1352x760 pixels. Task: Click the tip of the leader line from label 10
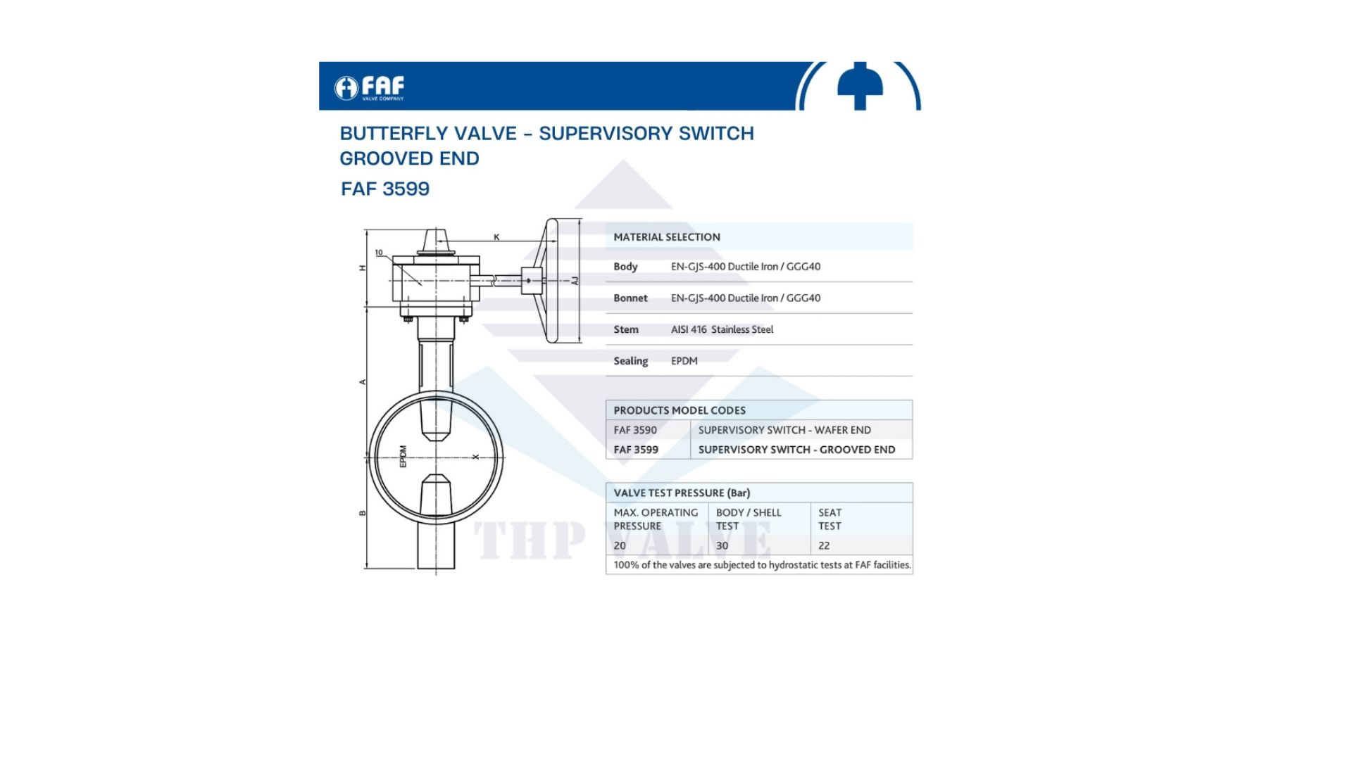tap(422, 285)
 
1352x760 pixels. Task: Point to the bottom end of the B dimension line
tap(367, 567)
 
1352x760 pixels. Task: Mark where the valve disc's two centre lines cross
tap(436, 457)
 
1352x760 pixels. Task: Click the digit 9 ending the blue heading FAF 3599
tap(423, 189)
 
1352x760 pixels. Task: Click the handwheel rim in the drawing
tap(552, 281)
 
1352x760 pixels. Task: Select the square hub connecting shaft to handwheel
tap(532, 281)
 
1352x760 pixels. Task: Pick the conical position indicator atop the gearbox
tap(436, 241)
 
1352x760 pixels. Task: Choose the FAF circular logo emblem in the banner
tap(346, 88)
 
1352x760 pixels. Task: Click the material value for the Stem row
tap(722, 329)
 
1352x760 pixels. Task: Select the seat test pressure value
tap(824, 545)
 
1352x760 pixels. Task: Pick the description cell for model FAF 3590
tap(784, 430)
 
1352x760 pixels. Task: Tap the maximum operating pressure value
tap(620, 545)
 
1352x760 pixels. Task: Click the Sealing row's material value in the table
tap(684, 361)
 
